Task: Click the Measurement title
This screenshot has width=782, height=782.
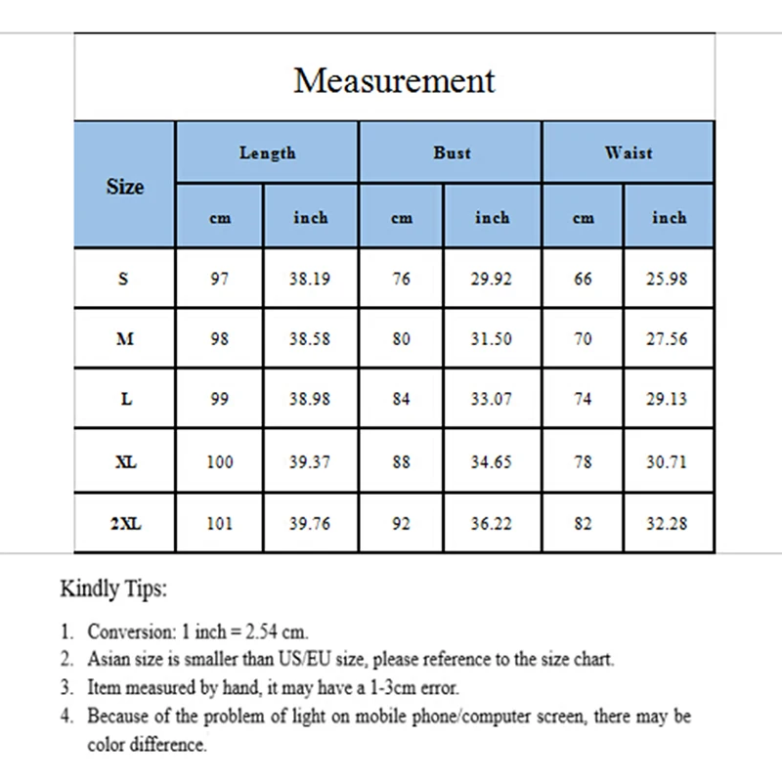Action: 394,80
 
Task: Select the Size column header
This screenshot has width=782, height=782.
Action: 124,186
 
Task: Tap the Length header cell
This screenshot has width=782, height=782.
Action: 267,152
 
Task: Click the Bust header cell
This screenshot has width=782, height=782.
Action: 452,152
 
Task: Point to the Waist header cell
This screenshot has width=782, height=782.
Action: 629,152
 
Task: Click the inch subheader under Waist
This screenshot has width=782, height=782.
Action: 669,218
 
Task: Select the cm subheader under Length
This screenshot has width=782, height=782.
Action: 220,218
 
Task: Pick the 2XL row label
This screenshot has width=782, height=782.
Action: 125,524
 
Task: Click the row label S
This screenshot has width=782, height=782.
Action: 123,279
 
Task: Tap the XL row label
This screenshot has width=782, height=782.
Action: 125,462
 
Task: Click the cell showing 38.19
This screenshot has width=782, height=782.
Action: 310,279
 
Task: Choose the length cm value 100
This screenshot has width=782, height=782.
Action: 220,462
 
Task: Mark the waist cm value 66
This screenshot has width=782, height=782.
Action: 583,279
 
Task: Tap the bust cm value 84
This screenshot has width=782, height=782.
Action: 401,400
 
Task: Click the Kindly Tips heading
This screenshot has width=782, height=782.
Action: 113,588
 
